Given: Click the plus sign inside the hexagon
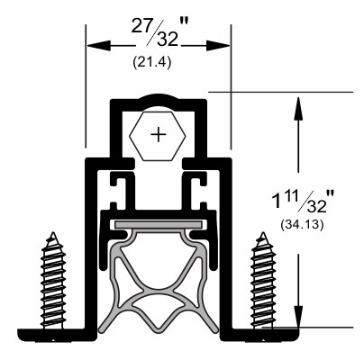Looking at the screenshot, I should coord(159,135).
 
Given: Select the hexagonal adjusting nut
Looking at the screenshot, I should coord(159,135).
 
